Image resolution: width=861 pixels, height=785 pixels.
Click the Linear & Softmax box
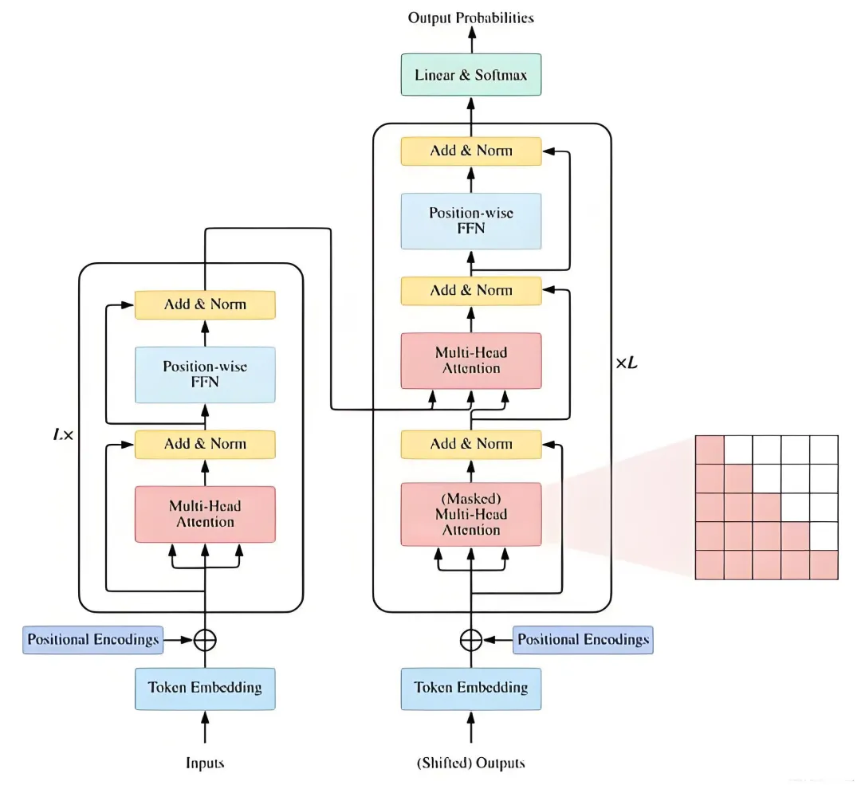(x=471, y=75)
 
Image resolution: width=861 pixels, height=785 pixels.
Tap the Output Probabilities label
(x=471, y=18)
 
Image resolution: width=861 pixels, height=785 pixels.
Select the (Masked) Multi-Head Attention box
(x=471, y=514)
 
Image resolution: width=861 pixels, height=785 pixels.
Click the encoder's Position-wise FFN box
(x=205, y=375)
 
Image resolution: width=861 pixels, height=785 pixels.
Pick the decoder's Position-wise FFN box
(x=471, y=222)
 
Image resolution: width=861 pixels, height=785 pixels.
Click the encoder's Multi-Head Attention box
(x=205, y=514)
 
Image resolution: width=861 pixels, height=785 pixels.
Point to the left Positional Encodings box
(x=92, y=640)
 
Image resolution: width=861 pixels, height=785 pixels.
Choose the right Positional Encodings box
(x=583, y=640)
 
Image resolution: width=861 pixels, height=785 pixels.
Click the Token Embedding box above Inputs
(x=205, y=689)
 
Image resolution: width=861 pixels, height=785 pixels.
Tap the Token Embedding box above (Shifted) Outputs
(x=471, y=689)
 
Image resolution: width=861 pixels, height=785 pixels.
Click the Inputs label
(x=205, y=763)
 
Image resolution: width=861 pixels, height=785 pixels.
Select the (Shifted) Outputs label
(x=471, y=763)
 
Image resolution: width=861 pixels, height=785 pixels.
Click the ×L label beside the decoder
(x=627, y=363)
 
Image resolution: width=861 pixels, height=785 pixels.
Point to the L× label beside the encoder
(x=63, y=435)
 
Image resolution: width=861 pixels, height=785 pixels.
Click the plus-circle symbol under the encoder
(x=205, y=640)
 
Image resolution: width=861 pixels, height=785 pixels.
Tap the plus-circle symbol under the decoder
(x=471, y=640)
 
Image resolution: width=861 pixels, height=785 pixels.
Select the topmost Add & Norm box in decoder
(x=471, y=151)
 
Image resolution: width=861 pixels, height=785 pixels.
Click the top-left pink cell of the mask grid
(x=710, y=449)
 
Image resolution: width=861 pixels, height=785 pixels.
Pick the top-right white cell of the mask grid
(x=824, y=449)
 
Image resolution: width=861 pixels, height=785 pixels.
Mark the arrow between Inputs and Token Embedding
(x=205, y=727)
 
